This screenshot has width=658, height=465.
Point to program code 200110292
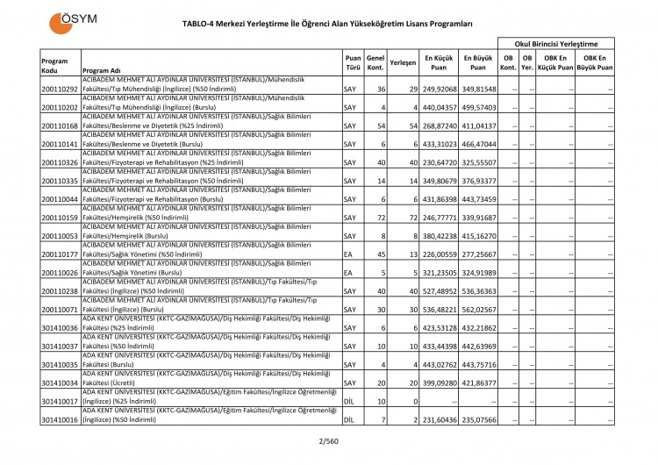click(x=60, y=89)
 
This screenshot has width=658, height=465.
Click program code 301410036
click(x=60, y=329)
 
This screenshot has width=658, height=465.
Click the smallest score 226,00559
click(x=440, y=254)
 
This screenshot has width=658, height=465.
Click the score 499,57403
click(x=479, y=108)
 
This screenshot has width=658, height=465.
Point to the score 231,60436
click(x=440, y=420)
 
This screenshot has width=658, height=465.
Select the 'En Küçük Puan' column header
click(x=440, y=61)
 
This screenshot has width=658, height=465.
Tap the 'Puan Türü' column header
click(x=353, y=61)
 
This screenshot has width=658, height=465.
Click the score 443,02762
click(x=440, y=365)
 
